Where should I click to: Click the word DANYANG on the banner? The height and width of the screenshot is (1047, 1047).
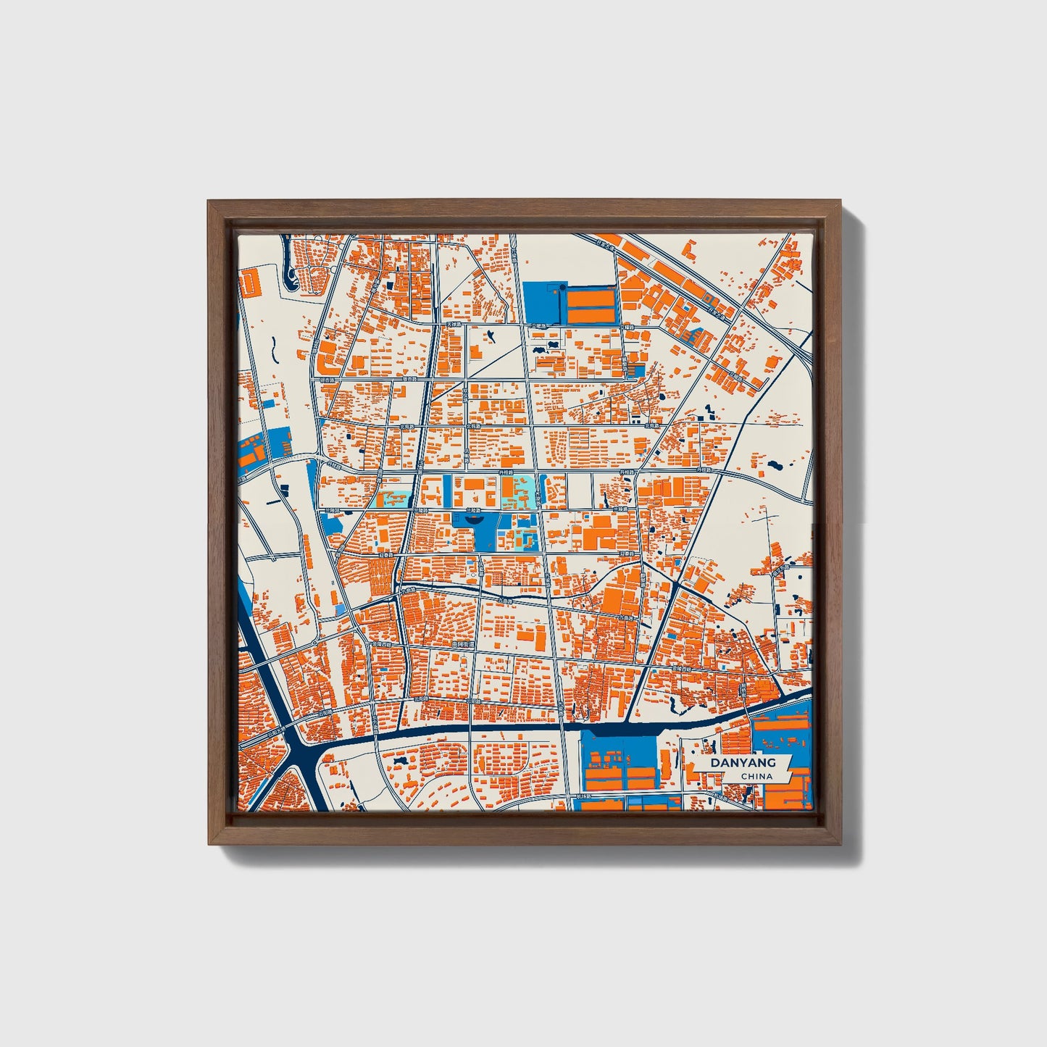743,762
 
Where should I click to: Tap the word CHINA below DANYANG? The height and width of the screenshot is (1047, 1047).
756,776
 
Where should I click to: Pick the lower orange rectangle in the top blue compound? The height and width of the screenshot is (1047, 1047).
591,315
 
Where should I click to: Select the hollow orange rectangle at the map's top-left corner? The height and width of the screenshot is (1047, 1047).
250,282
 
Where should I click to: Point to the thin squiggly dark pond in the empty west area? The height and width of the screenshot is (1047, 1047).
275,351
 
